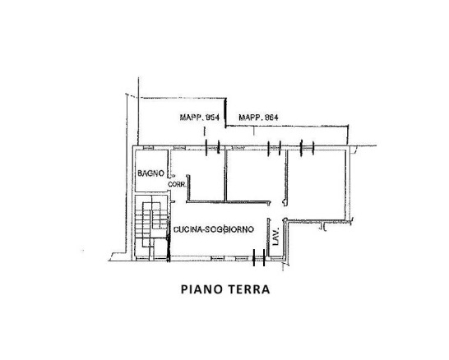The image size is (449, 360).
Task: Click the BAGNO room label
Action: click(151, 173)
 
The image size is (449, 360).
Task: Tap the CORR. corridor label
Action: click(177, 185)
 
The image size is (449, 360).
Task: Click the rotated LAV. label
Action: click(275, 237)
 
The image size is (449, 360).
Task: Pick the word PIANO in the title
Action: click(201, 289)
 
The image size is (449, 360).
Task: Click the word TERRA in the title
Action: click(248, 289)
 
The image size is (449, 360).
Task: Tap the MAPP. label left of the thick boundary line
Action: click(200, 118)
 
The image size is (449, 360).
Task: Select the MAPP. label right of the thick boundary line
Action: click(258, 118)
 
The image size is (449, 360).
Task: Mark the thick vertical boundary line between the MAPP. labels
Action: click(225, 113)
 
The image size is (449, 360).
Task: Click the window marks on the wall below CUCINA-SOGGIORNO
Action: click(259, 258)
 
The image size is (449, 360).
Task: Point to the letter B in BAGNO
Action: click(140, 173)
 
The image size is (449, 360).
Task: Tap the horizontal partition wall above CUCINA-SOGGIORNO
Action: click(229, 202)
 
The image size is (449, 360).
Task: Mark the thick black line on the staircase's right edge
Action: click(169, 240)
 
